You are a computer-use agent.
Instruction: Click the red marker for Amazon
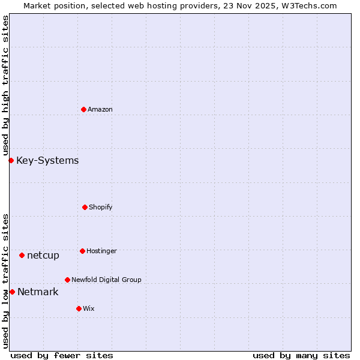pos(83,109)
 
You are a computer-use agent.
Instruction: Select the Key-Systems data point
pos(11,160)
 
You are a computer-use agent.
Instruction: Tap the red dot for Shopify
pos(85,207)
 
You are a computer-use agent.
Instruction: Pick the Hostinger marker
pos(82,251)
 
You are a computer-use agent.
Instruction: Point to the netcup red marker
pos(22,255)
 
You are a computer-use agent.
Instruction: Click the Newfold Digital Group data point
pos(67,280)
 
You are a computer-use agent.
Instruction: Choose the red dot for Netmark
pos(12,292)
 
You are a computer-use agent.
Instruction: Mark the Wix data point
pos(79,308)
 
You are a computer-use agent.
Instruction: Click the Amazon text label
pos(100,109)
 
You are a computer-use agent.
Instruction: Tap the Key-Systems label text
pos(47,160)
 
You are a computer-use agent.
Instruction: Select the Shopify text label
pos(101,207)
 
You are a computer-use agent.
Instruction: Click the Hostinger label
pos(101,251)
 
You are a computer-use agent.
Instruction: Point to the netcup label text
pos(43,255)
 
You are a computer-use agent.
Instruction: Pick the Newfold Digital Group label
pos(106,280)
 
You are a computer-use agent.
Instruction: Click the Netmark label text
pos(38,292)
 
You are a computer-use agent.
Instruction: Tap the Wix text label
pos(89,308)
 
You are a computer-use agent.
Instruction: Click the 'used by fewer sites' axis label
pos(62,355)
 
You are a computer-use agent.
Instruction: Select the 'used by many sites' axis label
pos(301,355)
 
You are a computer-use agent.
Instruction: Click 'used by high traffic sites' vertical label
pos(5,85)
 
